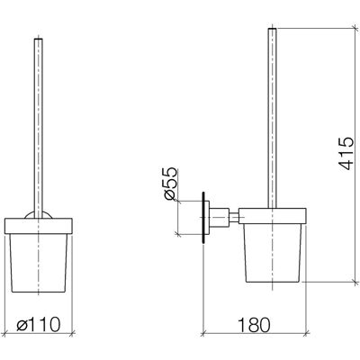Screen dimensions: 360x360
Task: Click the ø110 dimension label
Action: (39, 325)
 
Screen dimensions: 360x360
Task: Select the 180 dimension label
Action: (254, 325)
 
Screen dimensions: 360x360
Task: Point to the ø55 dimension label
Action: (170, 183)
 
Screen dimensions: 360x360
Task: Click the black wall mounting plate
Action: (203, 217)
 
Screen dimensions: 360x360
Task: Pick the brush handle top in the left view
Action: (39, 40)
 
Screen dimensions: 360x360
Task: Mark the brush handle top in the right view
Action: (272, 29)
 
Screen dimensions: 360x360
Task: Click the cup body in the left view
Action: (39, 263)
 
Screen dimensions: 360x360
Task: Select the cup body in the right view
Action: (273, 253)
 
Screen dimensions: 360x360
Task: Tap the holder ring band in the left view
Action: (39, 226)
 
